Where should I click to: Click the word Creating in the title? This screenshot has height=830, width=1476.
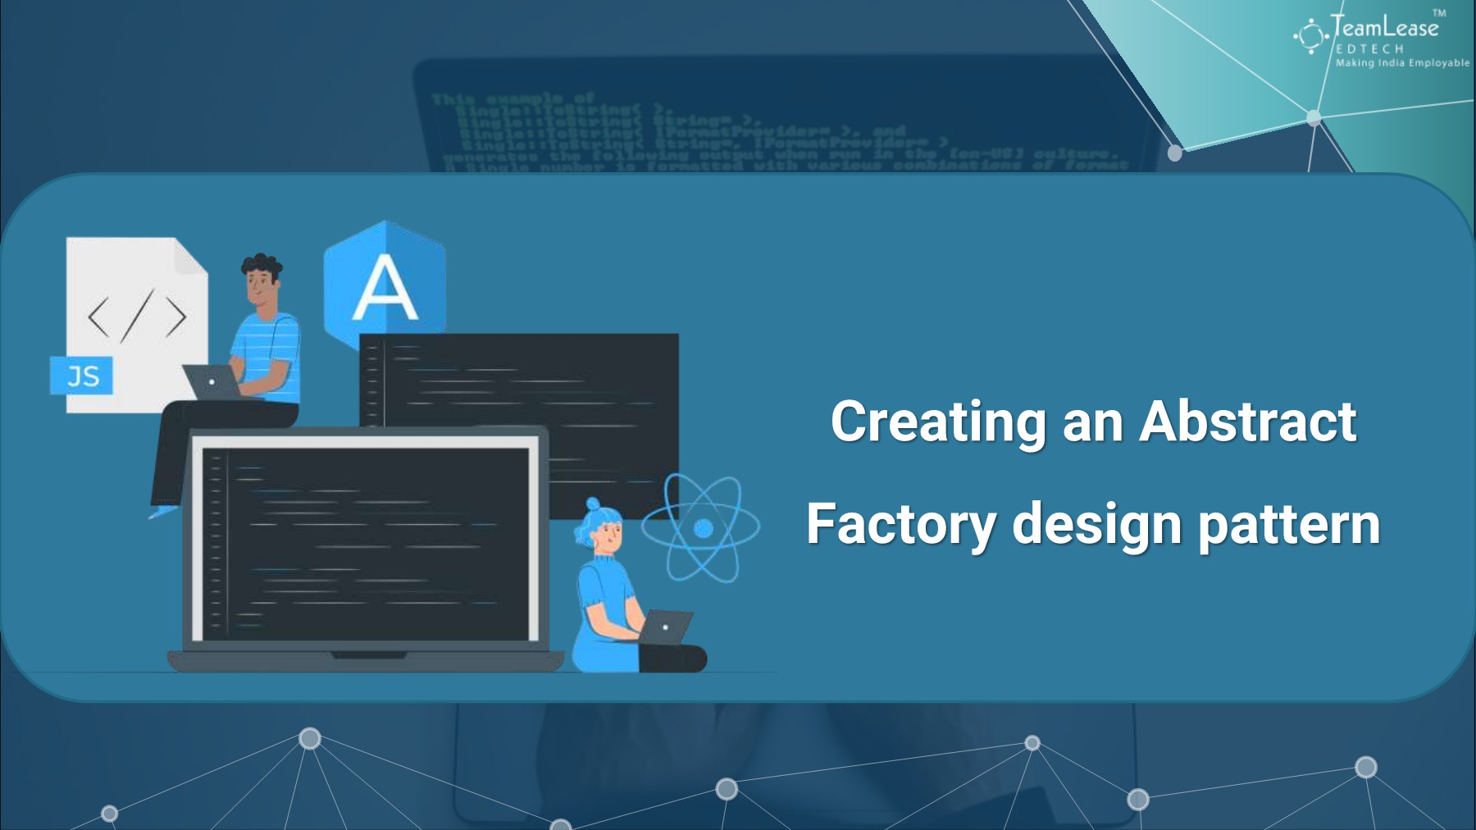coord(938,422)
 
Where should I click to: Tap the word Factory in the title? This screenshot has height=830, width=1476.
coord(901,525)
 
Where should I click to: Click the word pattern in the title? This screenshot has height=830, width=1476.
coord(1290,525)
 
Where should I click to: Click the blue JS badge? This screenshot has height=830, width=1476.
coord(82,376)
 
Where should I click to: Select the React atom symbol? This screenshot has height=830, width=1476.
coord(701,528)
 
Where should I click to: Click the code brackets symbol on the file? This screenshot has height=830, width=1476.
coord(137,317)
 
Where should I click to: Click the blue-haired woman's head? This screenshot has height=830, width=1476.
coord(603,528)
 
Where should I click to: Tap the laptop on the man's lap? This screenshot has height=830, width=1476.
coord(212,382)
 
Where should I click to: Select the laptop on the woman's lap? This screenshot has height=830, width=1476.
coord(666,627)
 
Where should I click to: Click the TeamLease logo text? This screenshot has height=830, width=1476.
coord(1384,28)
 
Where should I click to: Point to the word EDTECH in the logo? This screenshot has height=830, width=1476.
coord(1369,49)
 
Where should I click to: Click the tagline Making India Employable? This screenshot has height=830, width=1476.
coord(1402,63)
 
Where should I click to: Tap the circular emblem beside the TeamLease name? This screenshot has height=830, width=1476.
coord(1310,36)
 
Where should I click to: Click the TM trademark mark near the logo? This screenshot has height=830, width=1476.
coord(1439,12)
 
